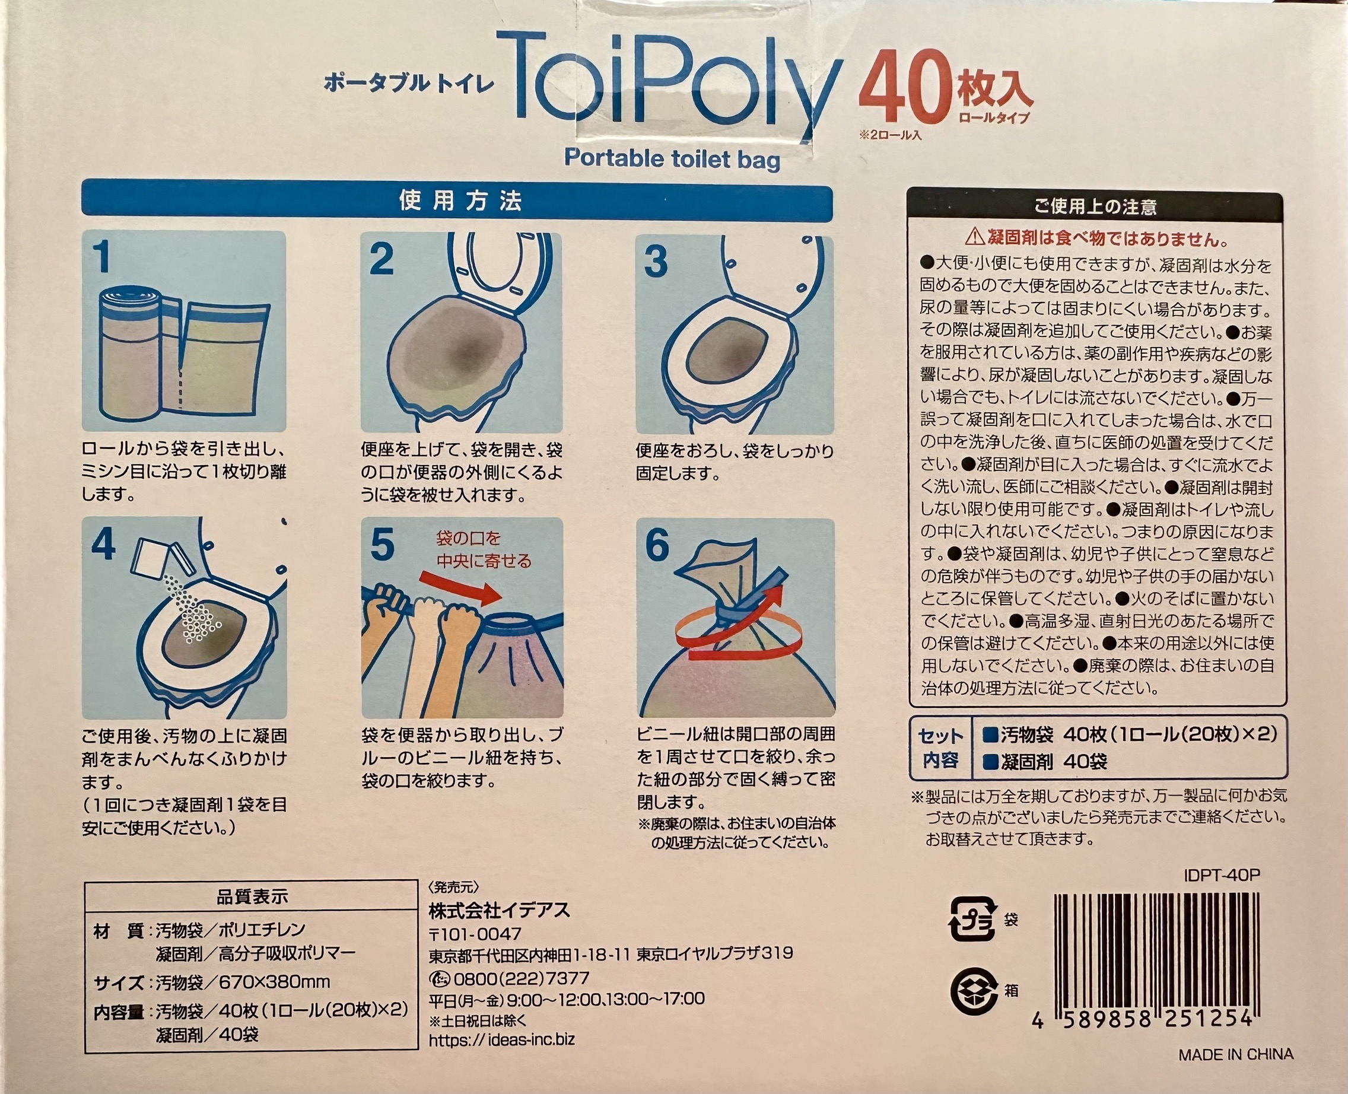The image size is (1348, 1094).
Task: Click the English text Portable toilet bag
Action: click(x=672, y=158)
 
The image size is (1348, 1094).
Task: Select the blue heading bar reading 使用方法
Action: click(x=458, y=201)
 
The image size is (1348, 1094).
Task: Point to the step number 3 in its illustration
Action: click(x=656, y=262)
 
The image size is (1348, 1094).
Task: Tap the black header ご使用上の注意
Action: click(x=1095, y=207)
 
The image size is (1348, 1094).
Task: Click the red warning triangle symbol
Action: click(x=974, y=237)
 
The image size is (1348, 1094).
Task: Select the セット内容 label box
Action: click(x=940, y=748)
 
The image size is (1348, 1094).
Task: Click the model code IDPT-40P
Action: click(x=1222, y=875)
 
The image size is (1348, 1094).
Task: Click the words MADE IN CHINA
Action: click(x=1235, y=1054)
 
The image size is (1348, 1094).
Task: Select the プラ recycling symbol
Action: click(x=972, y=920)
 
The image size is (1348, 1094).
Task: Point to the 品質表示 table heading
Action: click(x=252, y=897)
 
